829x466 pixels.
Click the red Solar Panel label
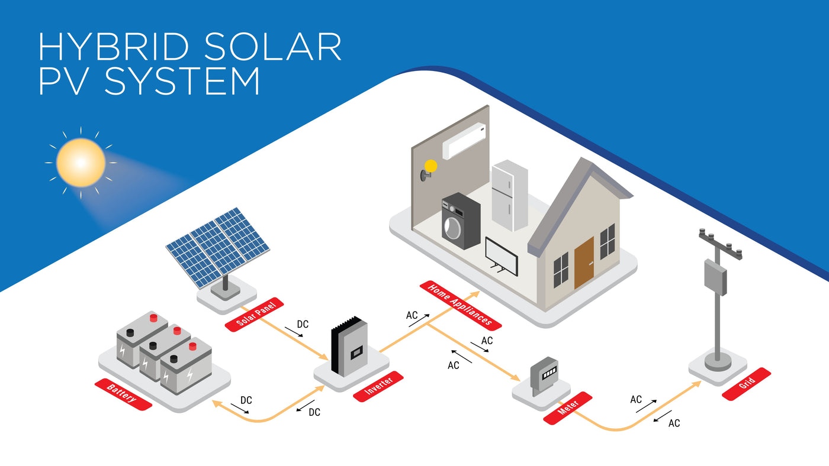point(254,315)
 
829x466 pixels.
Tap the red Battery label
point(123,394)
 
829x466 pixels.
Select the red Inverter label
point(378,386)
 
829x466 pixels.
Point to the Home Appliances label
point(461,305)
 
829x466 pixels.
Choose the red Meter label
point(567,408)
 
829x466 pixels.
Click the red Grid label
point(747,384)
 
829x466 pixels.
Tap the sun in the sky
point(81,163)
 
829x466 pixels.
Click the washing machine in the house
point(461,221)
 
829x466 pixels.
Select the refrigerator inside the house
point(510,196)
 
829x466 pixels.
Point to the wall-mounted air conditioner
point(464,141)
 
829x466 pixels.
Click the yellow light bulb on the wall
point(430,166)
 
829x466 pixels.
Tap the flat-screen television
point(502,257)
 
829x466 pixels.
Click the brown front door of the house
point(584,263)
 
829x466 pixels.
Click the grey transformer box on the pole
point(715,277)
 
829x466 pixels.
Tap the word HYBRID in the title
point(114,47)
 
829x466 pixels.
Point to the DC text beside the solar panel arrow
point(303,324)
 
